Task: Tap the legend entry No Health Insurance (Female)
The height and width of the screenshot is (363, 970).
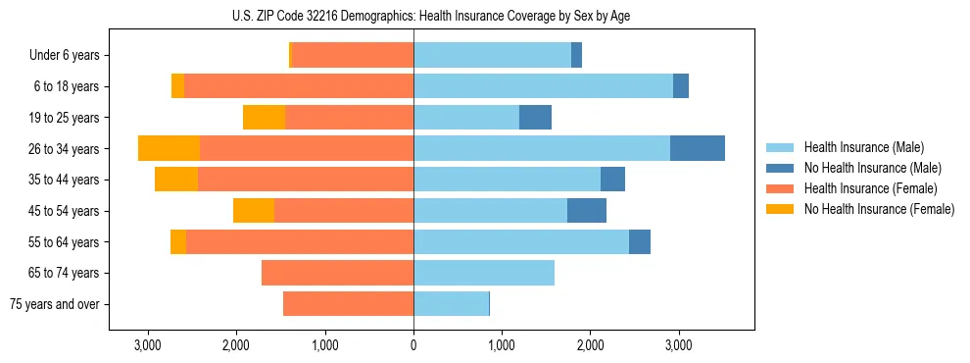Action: click(879, 209)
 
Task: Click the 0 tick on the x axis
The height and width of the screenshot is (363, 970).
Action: click(413, 345)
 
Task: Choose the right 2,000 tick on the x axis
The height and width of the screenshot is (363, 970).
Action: click(590, 345)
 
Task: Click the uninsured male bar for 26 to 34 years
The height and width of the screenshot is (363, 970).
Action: click(698, 148)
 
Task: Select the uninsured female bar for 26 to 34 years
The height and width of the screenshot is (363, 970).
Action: click(169, 148)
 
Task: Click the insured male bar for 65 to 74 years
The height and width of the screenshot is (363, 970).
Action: click(484, 273)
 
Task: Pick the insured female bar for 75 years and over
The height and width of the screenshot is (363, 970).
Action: click(348, 304)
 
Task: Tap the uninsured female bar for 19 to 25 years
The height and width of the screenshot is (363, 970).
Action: click(264, 118)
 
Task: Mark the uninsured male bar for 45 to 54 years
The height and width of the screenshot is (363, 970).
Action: click(587, 211)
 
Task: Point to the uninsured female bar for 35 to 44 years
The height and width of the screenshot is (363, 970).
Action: click(176, 180)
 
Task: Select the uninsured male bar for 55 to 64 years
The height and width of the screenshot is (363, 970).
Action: click(640, 242)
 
